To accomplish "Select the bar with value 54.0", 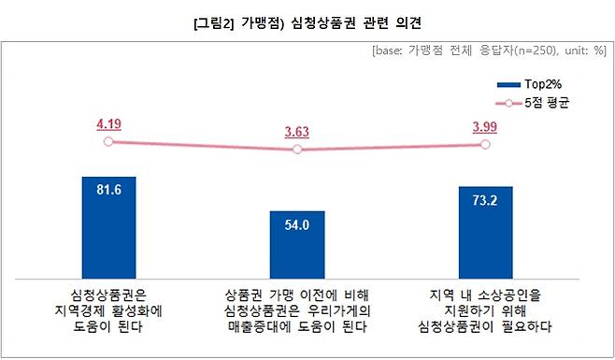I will pyautogui.click(x=297, y=241).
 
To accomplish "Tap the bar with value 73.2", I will pyautogui.click(x=485, y=229).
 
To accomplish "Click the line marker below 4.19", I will pyautogui.click(x=108, y=141).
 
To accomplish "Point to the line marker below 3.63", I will pyautogui.click(x=297, y=150).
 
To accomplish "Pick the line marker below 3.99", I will pyautogui.click(x=485, y=144).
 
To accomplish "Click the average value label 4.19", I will pyautogui.click(x=109, y=122).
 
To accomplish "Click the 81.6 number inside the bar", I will pyautogui.click(x=109, y=191).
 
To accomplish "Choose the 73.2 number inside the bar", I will pyautogui.click(x=485, y=200).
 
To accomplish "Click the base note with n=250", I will pyautogui.click(x=489, y=50).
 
